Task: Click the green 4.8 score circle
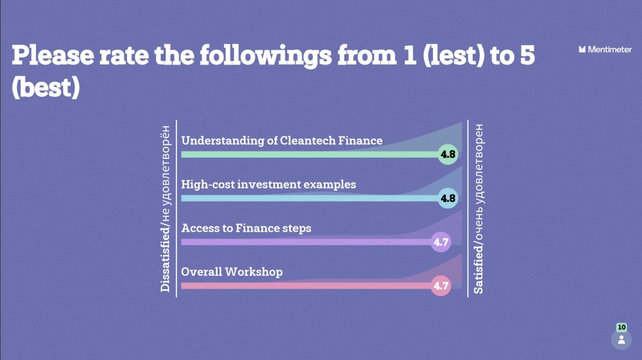coord(447,154)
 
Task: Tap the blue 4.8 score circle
coord(447,199)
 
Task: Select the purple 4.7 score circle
coord(441,242)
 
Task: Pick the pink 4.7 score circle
coord(441,285)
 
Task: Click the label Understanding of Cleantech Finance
coord(282,141)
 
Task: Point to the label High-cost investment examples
coord(269,184)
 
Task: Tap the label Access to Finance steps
coord(246,228)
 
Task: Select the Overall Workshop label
coord(232,272)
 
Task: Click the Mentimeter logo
coord(605,49)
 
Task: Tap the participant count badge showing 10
coord(622,327)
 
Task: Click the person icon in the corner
coord(622,340)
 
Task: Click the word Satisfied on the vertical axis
coord(478,270)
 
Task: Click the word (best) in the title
coord(45,87)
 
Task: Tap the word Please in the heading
coord(53,55)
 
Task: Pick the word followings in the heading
coord(266,55)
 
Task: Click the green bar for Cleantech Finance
coord(310,155)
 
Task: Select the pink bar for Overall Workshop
coord(307,285)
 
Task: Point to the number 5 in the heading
coord(528,55)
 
